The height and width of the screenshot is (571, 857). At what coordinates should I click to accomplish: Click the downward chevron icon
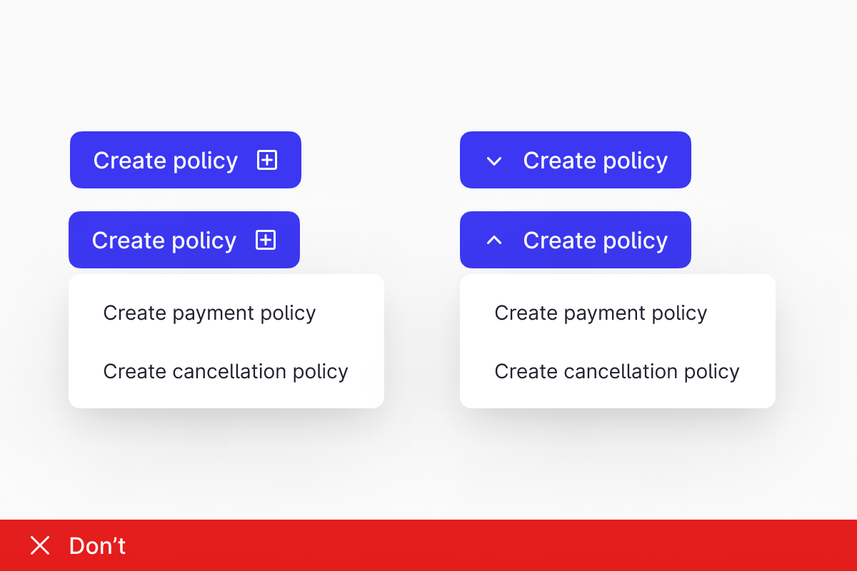[x=494, y=161]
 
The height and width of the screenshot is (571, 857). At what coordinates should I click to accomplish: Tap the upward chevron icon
[x=494, y=240]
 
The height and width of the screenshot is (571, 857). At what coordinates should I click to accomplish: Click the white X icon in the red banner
[x=40, y=545]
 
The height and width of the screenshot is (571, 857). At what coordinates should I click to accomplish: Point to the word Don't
[x=97, y=545]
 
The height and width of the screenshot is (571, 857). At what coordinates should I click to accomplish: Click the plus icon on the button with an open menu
[x=266, y=240]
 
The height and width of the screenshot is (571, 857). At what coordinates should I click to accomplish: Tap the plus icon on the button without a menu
[x=267, y=160]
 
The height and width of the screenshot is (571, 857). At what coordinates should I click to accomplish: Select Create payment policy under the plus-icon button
[x=209, y=313]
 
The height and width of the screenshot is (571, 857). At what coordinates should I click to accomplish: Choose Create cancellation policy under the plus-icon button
[x=226, y=372]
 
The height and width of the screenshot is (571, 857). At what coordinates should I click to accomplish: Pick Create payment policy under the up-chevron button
[x=601, y=313]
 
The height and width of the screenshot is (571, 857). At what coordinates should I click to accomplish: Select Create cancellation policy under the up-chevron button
[x=617, y=372]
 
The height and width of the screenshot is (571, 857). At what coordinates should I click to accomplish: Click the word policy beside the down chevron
[x=635, y=161]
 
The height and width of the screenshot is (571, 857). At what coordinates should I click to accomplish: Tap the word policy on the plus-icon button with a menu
[x=204, y=241]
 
